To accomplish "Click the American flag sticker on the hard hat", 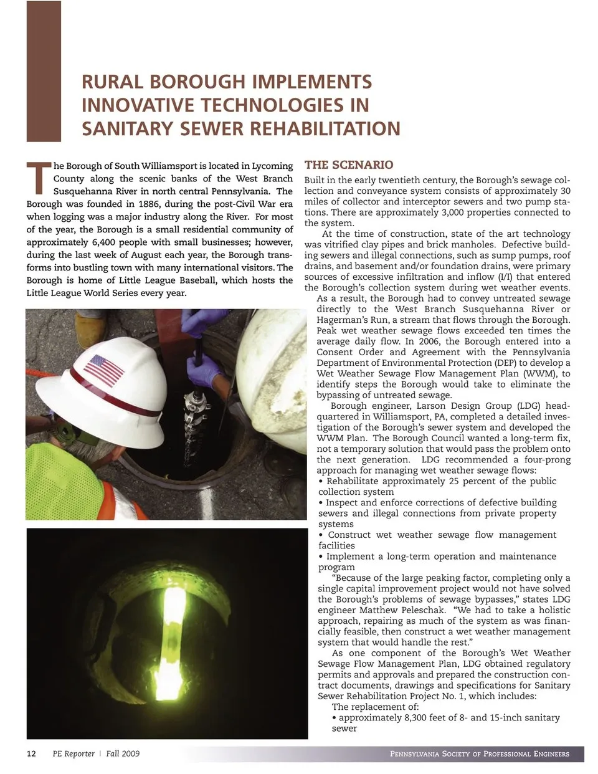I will point(104,370).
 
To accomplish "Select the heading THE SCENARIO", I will point(348,165).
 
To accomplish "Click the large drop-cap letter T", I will point(38,176).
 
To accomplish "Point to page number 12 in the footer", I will point(31,753).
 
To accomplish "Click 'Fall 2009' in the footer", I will point(122,753).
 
